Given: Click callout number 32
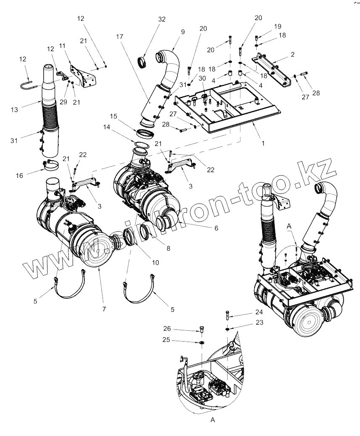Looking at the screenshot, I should click(162, 19).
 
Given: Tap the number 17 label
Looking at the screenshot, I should click(120, 37).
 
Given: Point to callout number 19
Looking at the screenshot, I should click(278, 26).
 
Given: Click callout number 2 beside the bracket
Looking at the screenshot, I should click(292, 55).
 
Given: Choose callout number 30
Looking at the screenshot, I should click(202, 78).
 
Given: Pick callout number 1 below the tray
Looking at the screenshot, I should click(263, 143).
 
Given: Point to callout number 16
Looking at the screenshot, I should click(20, 176).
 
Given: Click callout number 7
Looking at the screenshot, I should click(104, 309).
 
